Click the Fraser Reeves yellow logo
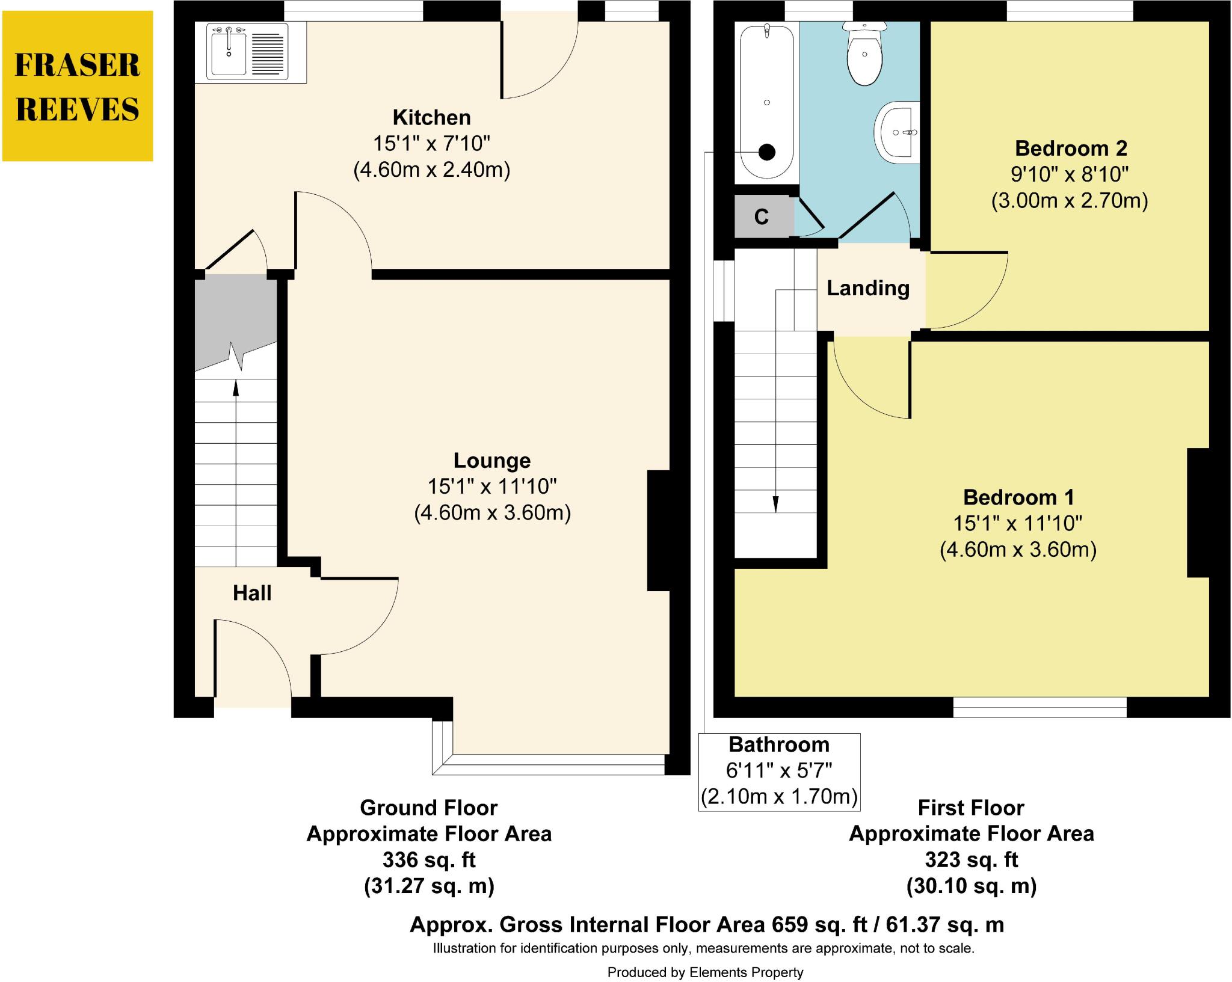point(78,86)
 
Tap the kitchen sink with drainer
point(246,52)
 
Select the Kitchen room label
point(431,117)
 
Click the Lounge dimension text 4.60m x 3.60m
point(492,513)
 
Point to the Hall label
point(252,594)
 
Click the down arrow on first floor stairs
point(776,503)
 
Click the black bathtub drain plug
point(767,152)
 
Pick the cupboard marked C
point(762,216)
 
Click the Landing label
point(867,289)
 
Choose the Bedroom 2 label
point(1070,148)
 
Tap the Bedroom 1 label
point(1018,497)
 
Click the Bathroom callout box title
point(779,744)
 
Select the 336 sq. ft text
point(429,859)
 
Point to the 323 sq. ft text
point(971,859)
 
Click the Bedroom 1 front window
point(1039,707)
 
